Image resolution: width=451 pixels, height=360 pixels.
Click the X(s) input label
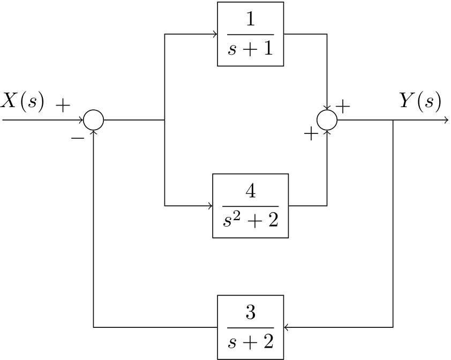click(x=22, y=101)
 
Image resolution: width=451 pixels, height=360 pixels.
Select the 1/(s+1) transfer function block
click(x=250, y=34)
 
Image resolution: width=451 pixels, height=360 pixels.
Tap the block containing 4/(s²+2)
click(x=250, y=206)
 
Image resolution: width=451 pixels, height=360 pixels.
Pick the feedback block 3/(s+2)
click(x=250, y=327)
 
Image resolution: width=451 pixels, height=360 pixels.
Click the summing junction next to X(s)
click(x=93, y=120)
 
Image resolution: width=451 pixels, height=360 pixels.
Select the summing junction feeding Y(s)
click(x=327, y=120)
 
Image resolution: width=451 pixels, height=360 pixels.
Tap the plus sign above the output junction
click(x=343, y=106)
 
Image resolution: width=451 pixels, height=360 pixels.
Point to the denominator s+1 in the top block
click(x=250, y=49)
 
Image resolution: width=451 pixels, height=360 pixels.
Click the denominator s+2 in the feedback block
click(x=250, y=341)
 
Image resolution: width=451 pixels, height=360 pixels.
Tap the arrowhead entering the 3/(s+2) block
click(x=286, y=327)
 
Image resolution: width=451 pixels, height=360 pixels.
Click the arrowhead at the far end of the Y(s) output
click(x=446, y=120)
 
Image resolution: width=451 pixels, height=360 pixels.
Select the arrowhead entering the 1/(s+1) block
click(x=215, y=34)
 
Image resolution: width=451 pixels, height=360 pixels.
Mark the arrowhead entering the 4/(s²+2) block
click(x=210, y=206)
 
